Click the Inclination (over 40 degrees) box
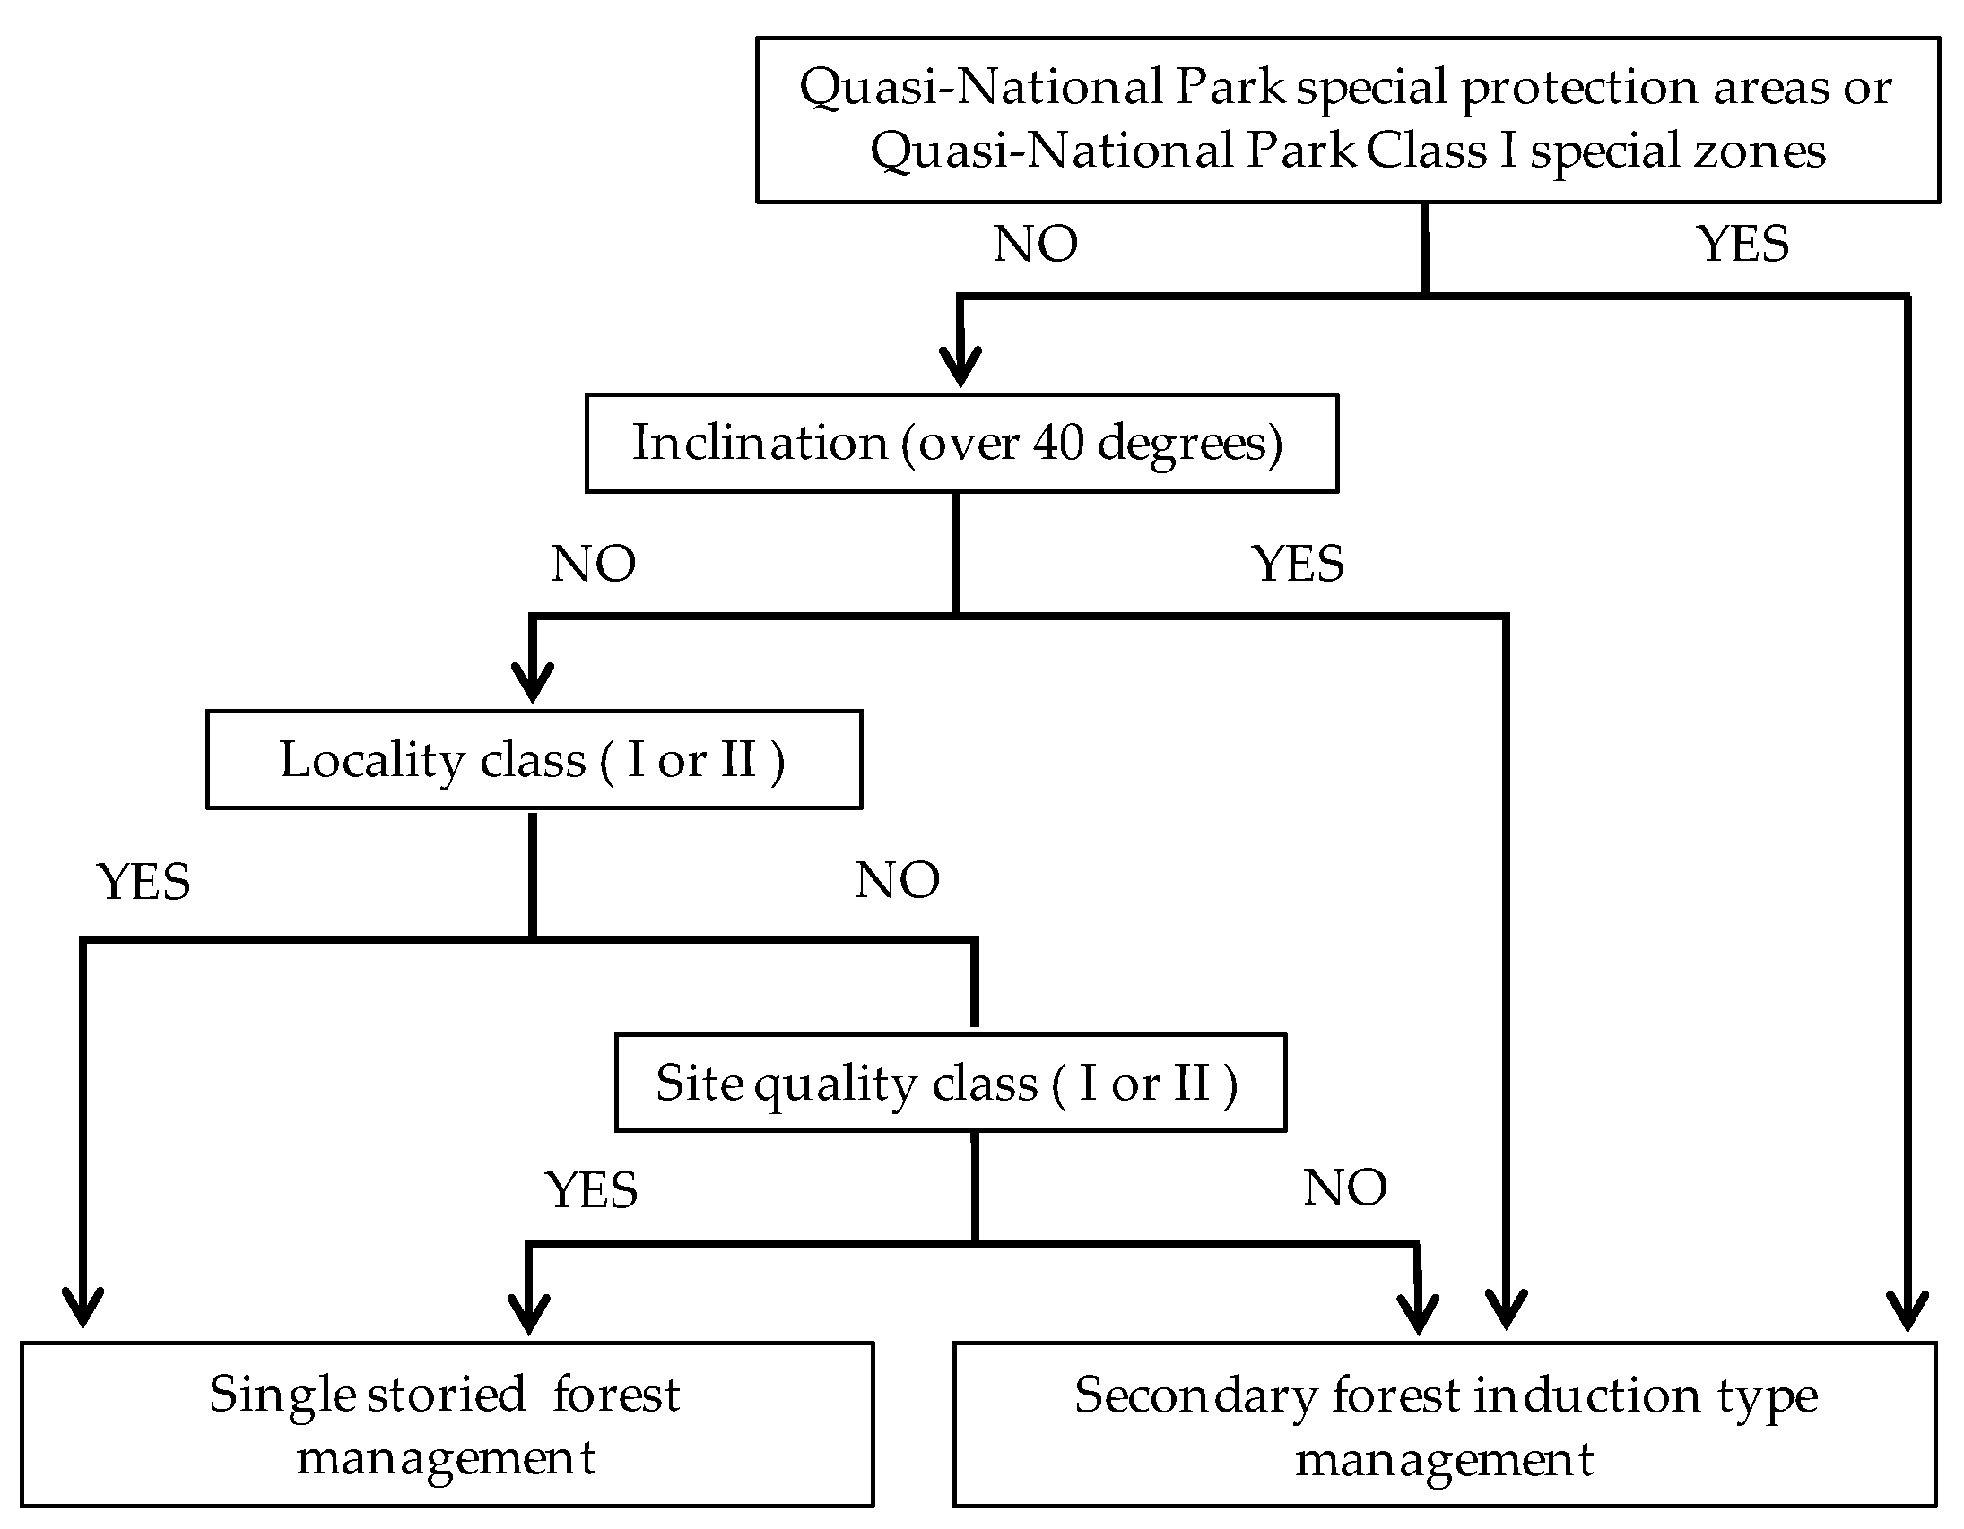pyautogui.click(x=961, y=443)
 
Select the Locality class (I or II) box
pyautogui.click(x=534, y=759)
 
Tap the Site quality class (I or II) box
pyautogui.click(x=950, y=1083)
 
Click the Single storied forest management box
pyautogui.click(x=446, y=1425)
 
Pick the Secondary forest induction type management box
pyautogui.click(x=1444, y=1425)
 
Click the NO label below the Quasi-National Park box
pyautogui.click(x=1035, y=245)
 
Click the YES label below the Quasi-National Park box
pyautogui.click(x=1742, y=245)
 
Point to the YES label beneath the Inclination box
pyautogui.click(x=1298, y=565)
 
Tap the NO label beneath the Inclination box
pyautogui.click(x=594, y=565)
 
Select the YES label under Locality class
pyautogui.click(x=143, y=882)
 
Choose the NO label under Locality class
pyautogui.click(x=897, y=880)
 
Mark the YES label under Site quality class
pyautogui.click(x=591, y=1190)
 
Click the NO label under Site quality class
pyautogui.click(x=1345, y=1188)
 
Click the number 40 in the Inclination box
pyautogui.click(x=1057, y=443)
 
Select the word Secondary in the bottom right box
pyautogui.click(x=1196, y=1396)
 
